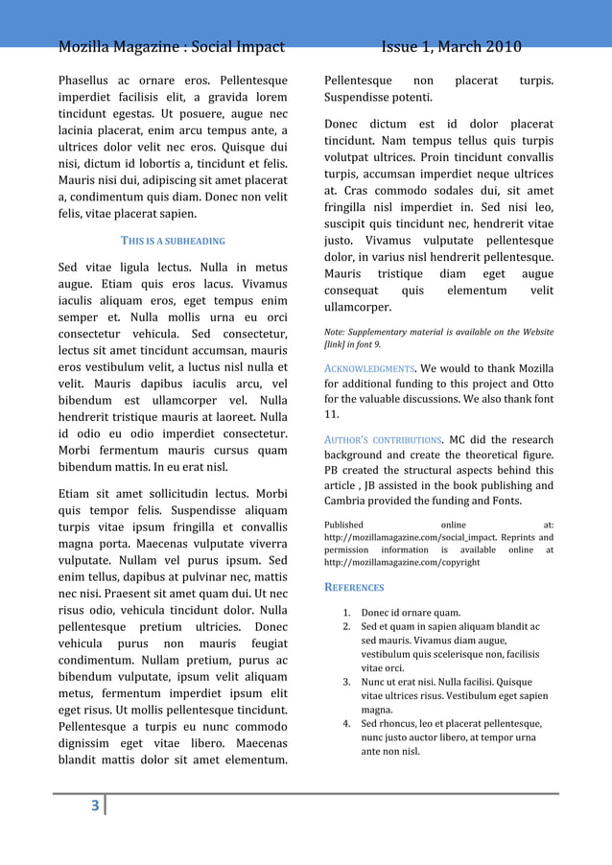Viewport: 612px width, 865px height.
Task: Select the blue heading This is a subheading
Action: click(x=173, y=241)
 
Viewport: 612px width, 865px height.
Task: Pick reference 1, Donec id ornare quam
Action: click(x=410, y=613)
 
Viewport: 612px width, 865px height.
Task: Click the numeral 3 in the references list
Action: click(x=346, y=682)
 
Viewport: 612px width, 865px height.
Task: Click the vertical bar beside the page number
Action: click(x=105, y=806)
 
